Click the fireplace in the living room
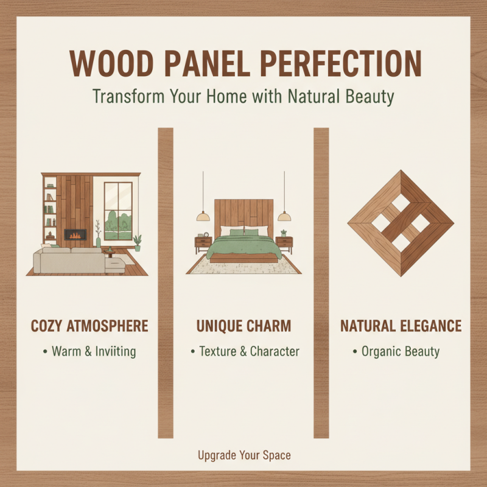click(75, 234)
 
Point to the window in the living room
click(118, 211)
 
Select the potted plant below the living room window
click(137, 242)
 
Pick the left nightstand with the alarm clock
click(203, 243)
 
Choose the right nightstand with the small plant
click(284, 243)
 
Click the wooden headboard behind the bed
click(243, 213)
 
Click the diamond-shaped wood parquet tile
click(400, 223)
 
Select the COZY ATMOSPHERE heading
click(89, 326)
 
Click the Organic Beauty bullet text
click(400, 352)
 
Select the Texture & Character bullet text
click(248, 352)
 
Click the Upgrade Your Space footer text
click(243, 455)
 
